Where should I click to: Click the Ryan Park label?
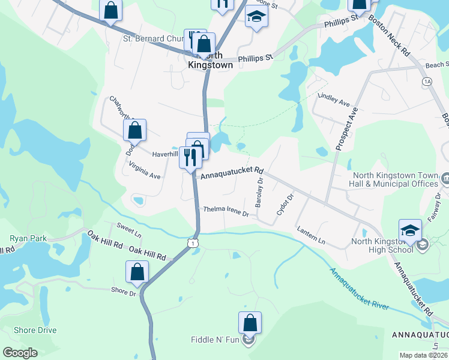click(x=28, y=238)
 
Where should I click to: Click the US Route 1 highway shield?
click(x=191, y=242)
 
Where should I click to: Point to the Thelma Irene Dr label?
click(x=226, y=211)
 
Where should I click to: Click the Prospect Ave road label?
click(x=346, y=130)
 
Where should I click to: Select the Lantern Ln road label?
click(x=311, y=235)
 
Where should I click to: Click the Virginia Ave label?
click(x=145, y=176)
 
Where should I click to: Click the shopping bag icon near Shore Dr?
click(x=137, y=272)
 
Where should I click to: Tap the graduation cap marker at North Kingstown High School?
click(x=409, y=230)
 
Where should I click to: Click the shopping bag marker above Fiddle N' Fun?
click(x=250, y=323)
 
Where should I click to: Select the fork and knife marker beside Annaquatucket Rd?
click(x=190, y=158)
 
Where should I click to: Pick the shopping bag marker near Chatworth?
click(x=134, y=130)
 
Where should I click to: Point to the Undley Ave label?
click(x=334, y=99)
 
